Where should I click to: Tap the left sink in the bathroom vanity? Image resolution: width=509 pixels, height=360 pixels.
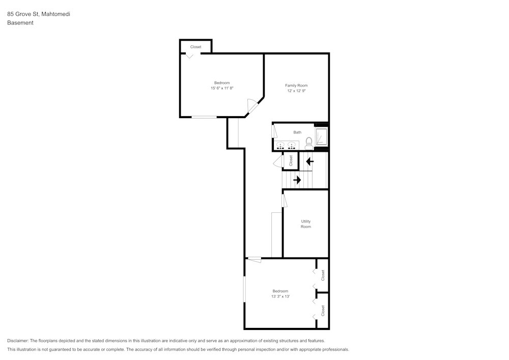point(280,146)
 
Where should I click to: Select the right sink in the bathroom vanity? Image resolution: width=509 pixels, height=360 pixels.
point(292,146)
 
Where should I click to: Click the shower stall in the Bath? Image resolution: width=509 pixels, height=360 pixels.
point(321,136)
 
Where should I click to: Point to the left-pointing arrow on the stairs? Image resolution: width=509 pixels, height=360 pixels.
point(309,162)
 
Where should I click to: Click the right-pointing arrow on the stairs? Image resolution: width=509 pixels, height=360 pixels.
point(297,180)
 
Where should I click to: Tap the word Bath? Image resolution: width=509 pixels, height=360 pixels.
point(297,132)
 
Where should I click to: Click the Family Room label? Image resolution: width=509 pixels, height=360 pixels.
point(296,86)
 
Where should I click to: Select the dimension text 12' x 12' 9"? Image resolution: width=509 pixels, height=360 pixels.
point(296,91)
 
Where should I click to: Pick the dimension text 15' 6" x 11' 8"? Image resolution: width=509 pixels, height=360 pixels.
point(222,89)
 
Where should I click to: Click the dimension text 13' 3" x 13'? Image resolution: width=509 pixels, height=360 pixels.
point(280,296)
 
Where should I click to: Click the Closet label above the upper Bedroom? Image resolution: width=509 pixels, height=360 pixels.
point(196,47)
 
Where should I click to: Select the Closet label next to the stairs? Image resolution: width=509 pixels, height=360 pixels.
point(291,161)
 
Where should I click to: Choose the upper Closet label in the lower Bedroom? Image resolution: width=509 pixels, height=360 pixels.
point(323,275)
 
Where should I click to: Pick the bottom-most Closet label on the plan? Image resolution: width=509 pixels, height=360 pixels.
point(323,311)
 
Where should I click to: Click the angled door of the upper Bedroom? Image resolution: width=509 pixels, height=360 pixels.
point(252,106)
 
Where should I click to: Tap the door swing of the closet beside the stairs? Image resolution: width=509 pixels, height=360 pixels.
point(278,162)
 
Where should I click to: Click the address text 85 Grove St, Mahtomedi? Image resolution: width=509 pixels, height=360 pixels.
point(39,14)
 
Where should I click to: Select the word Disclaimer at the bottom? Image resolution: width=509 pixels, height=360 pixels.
point(18,341)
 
